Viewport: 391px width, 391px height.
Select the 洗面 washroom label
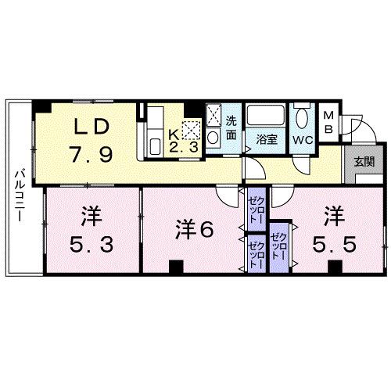(x=231, y=128)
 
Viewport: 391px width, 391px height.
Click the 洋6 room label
(x=195, y=229)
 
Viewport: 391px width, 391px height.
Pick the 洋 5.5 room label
(x=335, y=229)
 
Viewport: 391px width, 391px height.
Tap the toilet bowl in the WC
(x=303, y=120)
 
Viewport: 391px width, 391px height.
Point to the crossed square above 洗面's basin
(x=215, y=115)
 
